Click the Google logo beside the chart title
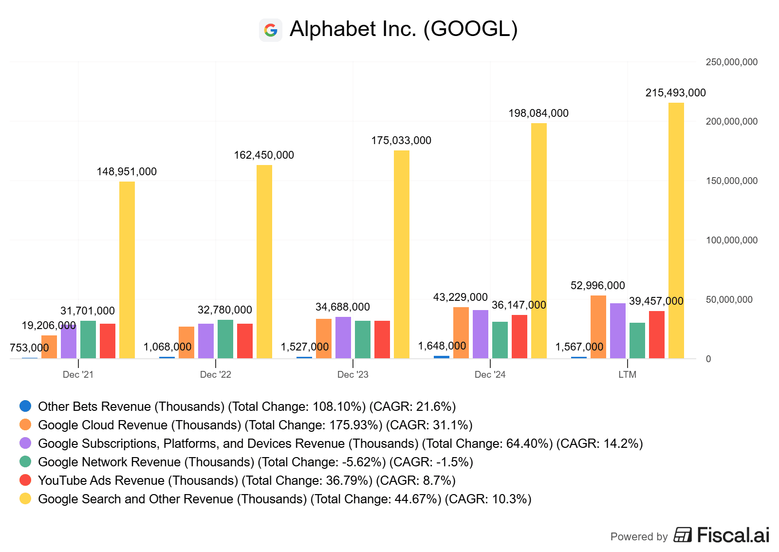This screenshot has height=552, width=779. click(x=271, y=30)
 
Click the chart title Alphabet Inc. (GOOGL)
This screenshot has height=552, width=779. click(x=403, y=29)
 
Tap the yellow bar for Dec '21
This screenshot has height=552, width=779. click(x=127, y=270)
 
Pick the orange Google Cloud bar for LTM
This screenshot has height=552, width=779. click(x=598, y=327)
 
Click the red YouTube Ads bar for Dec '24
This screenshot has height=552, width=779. click(x=519, y=336)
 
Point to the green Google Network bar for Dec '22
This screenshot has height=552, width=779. click(x=225, y=339)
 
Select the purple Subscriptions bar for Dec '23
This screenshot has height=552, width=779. click(x=343, y=337)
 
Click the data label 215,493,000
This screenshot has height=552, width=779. click(x=675, y=93)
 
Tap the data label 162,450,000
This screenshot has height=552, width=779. click(x=264, y=155)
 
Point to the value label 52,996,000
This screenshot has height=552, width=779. click(x=597, y=286)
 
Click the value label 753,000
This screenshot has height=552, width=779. click(x=29, y=348)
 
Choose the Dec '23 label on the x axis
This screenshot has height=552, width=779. click(x=352, y=374)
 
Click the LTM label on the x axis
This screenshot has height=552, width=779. click(x=627, y=374)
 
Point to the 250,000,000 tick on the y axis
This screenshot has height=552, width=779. click(x=731, y=62)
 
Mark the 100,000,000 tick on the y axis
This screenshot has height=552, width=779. click(x=731, y=240)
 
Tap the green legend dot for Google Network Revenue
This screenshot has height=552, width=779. click(x=25, y=462)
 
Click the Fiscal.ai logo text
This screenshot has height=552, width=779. click(x=733, y=535)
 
